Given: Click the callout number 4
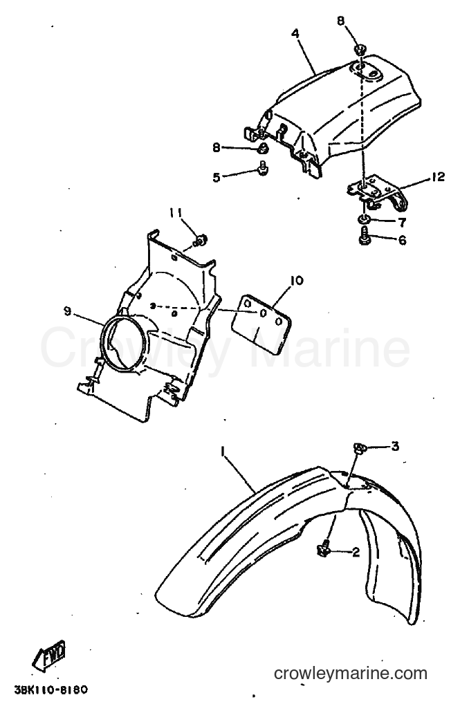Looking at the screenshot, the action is [295, 34].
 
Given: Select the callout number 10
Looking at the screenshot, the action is [297, 281].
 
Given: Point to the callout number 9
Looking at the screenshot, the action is [67, 311].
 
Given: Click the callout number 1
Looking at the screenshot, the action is [222, 450].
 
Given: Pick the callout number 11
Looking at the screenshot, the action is [176, 212].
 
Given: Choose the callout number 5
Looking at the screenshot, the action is [217, 177].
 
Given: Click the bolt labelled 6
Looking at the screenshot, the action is [365, 236].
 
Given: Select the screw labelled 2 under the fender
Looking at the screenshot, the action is [324, 549].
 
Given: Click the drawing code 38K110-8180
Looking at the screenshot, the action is [50, 689].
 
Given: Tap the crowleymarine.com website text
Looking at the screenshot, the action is [351, 673].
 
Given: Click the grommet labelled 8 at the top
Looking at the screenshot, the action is [360, 49].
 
